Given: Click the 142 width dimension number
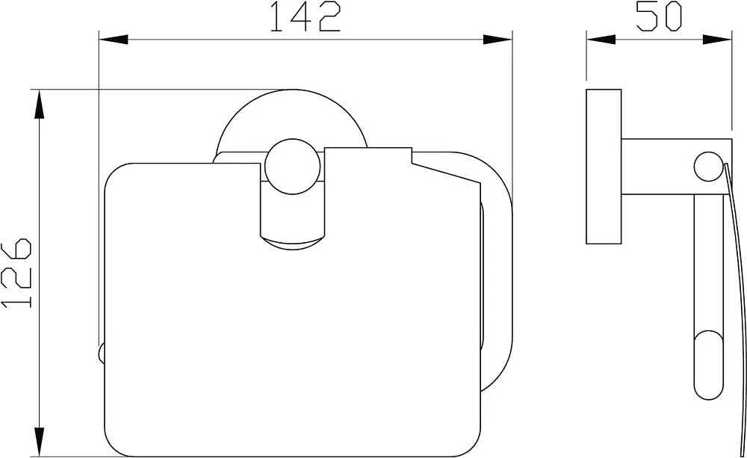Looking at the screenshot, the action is click(305, 16).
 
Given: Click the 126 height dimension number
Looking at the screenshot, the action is click(16, 273).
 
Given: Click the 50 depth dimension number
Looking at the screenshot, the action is click(660, 16).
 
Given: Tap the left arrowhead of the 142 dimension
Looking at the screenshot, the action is click(114, 40).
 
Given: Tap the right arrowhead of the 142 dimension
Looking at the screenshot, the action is click(498, 40).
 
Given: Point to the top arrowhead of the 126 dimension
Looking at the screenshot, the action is click(39, 105).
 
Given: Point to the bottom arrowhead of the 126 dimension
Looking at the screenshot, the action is click(39, 442).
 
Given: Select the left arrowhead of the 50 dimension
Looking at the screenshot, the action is click(601, 40).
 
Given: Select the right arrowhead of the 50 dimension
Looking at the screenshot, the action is click(717, 40).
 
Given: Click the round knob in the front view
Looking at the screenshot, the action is click(293, 167).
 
